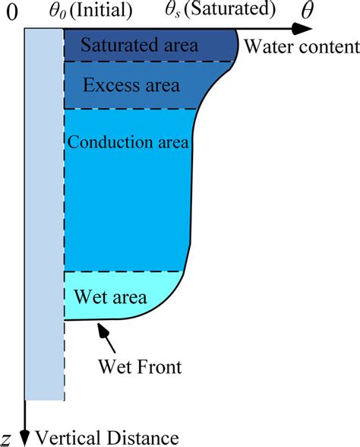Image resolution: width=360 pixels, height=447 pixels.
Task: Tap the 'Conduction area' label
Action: (128, 142)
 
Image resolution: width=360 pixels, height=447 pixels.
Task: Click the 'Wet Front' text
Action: (140, 367)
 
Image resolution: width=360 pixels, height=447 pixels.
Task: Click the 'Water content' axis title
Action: (301, 48)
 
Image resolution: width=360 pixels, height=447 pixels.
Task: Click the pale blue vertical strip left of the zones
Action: (43, 213)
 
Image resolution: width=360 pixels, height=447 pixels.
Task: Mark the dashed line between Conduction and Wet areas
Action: (125, 271)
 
